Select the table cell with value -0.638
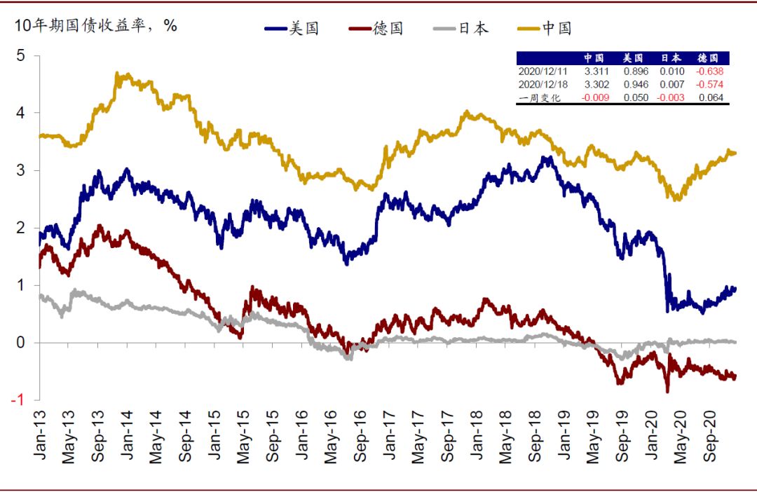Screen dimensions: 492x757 (709, 71)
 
